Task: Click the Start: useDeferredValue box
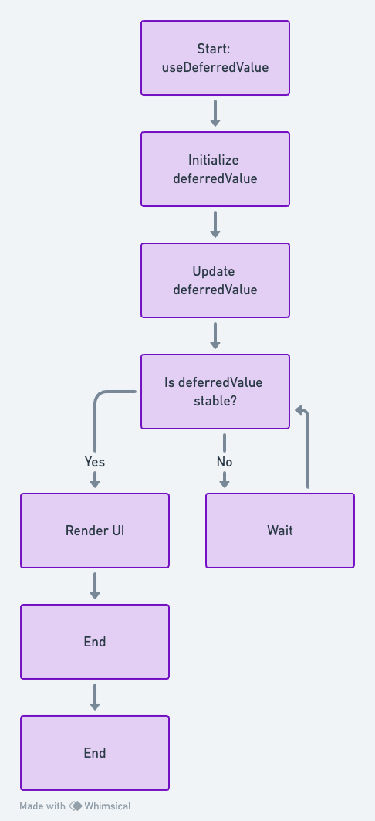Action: tap(215, 58)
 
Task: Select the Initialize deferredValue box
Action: tap(215, 169)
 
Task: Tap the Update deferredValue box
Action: tap(215, 280)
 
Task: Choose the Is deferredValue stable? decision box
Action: tap(215, 392)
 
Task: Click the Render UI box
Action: tap(95, 531)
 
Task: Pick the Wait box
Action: tap(280, 531)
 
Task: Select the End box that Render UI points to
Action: tap(95, 642)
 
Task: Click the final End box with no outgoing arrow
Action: tap(95, 753)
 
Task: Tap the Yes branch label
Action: tap(95, 462)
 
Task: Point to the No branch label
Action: tap(225, 462)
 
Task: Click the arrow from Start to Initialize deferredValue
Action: tap(215, 114)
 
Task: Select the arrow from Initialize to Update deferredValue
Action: tap(215, 225)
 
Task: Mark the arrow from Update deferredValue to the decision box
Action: tap(215, 336)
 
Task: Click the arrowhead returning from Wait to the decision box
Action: tap(300, 410)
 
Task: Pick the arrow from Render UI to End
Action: tap(95, 586)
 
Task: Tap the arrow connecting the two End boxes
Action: tap(95, 697)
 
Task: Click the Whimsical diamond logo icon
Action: tap(76, 806)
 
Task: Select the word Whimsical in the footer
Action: tap(107, 806)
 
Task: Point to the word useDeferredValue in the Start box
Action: tap(215, 67)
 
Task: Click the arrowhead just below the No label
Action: tap(225, 483)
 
